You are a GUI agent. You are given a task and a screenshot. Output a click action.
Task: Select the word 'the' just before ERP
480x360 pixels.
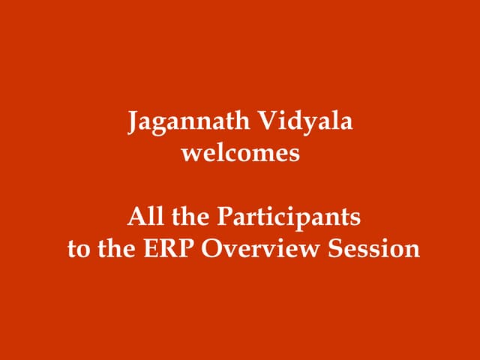tap(116, 248)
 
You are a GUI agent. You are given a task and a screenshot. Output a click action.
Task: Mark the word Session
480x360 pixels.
tap(374, 248)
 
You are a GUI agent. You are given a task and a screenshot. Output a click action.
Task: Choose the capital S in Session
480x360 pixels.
tap(337, 248)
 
